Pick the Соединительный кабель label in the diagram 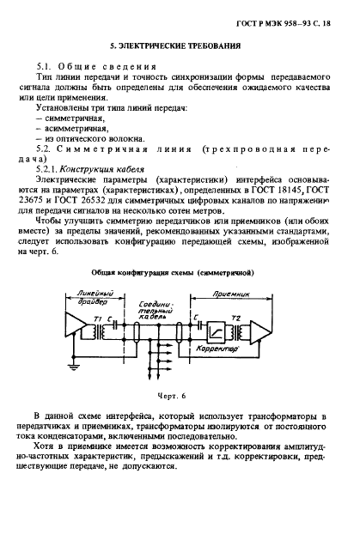click(x=162, y=309)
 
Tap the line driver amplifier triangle click(x=74, y=328)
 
